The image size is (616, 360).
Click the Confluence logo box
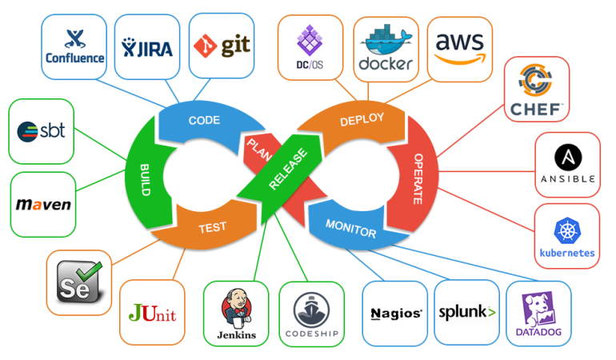pos(74,47)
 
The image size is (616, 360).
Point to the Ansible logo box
pos(567,164)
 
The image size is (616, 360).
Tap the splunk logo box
pos(466,312)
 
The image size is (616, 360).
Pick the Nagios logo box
pos(395,313)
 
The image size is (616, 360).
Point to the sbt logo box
pos(41,130)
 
